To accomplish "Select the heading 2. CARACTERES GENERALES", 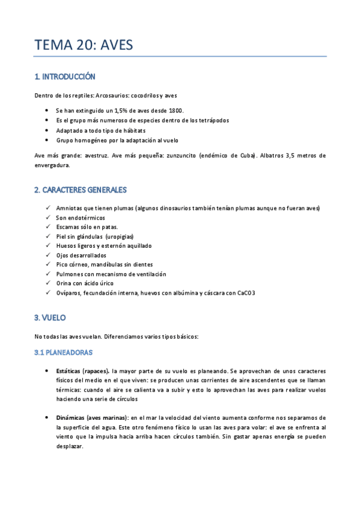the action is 80,190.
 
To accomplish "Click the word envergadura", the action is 52,165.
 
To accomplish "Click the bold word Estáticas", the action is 69,370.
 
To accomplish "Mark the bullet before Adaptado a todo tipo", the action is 47,130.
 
